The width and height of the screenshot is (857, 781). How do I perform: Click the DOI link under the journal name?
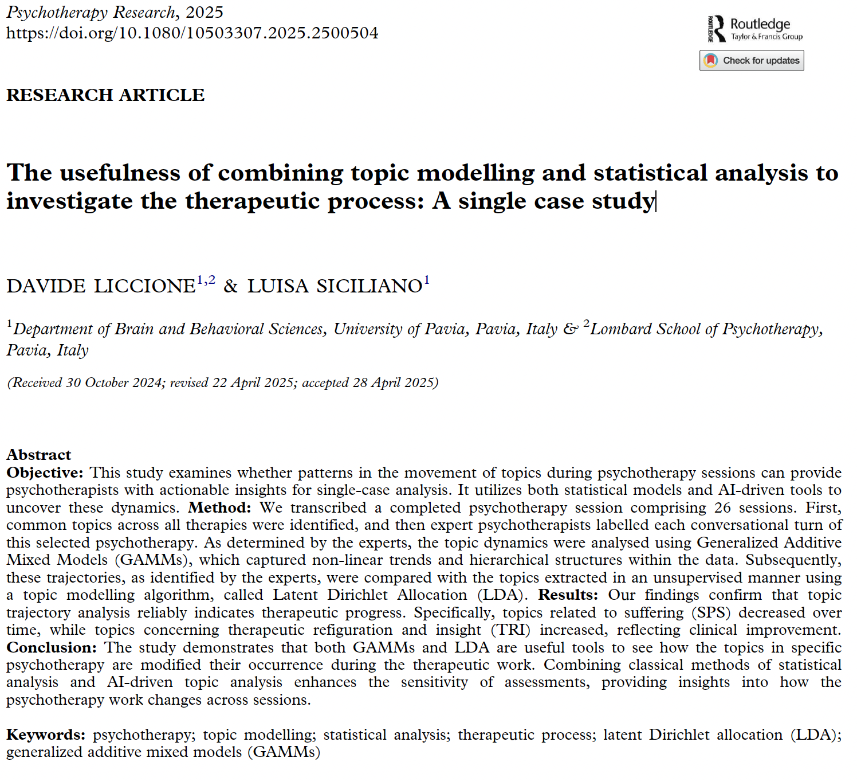coord(192,33)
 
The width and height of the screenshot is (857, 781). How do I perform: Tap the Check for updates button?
coord(751,60)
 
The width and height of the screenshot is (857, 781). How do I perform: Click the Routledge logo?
coord(754,29)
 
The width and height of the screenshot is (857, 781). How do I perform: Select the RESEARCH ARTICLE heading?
coord(105,95)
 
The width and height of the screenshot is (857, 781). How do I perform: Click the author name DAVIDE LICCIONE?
coord(101,286)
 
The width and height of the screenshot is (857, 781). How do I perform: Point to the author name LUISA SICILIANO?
coord(335,286)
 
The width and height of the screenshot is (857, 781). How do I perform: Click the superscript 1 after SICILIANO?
coord(427,280)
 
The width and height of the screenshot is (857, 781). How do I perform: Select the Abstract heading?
coord(39,455)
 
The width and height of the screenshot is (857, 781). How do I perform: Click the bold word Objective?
coord(45,472)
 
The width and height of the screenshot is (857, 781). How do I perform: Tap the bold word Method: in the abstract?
coord(219,507)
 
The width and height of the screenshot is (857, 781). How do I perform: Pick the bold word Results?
coord(568,595)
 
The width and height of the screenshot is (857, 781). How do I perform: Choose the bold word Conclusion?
coord(52,647)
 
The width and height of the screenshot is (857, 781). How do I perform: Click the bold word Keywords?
coord(46,735)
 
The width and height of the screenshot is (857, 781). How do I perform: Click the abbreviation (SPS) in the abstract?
coord(711,612)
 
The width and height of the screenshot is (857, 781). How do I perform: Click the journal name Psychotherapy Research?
coord(91,12)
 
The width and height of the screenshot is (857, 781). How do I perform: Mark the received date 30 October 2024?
coord(114,382)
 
